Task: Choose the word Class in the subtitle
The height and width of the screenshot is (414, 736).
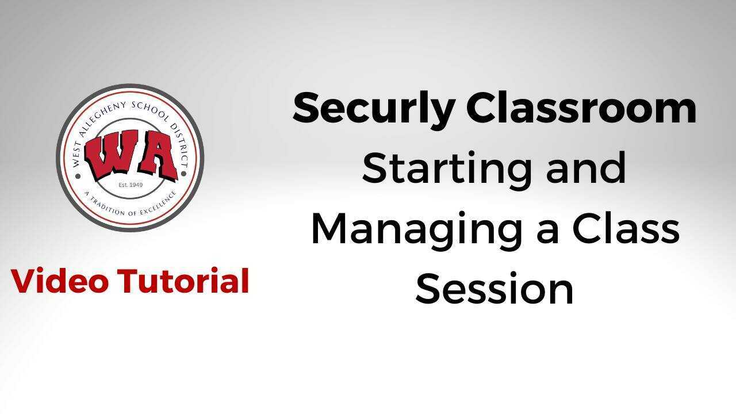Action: [x=626, y=228]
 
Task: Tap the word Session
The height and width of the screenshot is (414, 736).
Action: [x=494, y=289]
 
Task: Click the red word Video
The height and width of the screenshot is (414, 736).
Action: [x=60, y=282]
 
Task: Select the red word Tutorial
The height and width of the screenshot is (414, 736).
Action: [x=183, y=282]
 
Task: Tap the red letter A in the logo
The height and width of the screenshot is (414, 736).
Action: [x=154, y=156]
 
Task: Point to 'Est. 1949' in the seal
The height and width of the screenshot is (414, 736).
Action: [x=131, y=185]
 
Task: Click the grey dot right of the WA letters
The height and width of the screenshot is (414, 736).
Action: [x=184, y=172]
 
